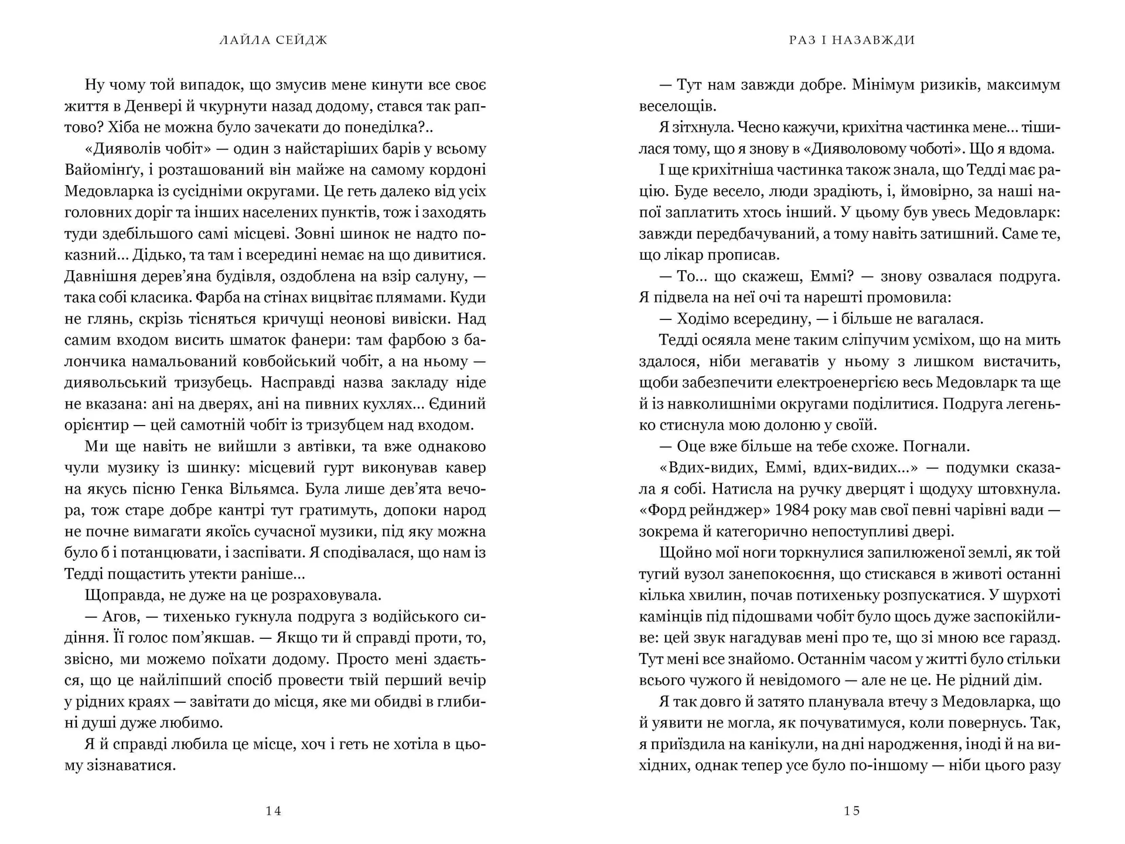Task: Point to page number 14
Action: coord(274,811)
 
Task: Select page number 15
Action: coord(852,811)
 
